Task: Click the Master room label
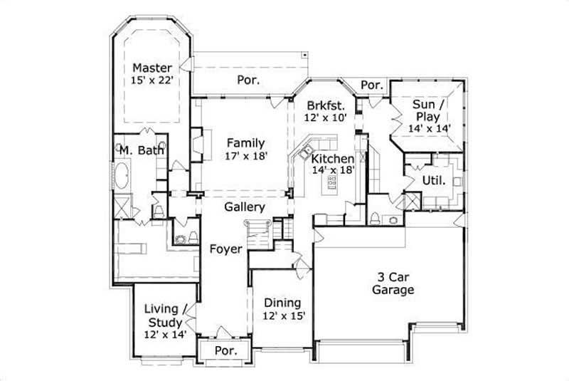(152, 68)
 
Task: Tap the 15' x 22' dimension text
(152, 81)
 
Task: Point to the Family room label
(246, 143)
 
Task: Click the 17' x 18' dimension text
(246, 156)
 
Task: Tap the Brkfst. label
(326, 103)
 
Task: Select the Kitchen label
(331, 158)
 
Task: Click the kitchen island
(331, 183)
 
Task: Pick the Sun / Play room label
(426, 110)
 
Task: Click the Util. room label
(434, 181)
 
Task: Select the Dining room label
(282, 303)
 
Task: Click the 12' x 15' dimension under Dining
(283, 315)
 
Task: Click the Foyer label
(225, 249)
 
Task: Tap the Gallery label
(245, 207)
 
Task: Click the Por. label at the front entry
(225, 351)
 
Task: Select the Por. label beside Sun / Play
(371, 85)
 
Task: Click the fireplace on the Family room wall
(198, 140)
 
